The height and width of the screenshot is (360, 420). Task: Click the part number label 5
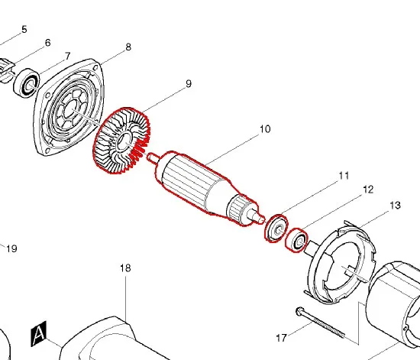click(x=24, y=29)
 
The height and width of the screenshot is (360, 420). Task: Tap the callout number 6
click(x=47, y=43)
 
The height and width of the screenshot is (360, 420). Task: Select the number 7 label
click(x=67, y=56)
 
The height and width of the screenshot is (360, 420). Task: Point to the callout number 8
click(x=128, y=47)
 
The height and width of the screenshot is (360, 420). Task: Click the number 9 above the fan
click(x=189, y=83)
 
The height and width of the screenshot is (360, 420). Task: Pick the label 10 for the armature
click(x=265, y=129)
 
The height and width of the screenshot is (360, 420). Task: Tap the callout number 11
click(x=344, y=176)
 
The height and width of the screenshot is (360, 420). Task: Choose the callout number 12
click(x=368, y=190)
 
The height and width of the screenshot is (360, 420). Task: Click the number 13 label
click(x=396, y=206)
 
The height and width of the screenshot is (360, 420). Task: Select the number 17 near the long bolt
click(x=282, y=338)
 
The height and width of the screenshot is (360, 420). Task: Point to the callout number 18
click(x=125, y=268)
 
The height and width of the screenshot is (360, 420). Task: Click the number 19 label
click(x=11, y=248)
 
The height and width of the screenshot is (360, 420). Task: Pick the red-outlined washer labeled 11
click(x=276, y=229)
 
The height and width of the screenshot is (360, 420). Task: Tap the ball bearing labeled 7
click(x=27, y=83)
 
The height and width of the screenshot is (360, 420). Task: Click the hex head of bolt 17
click(x=300, y=311)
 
